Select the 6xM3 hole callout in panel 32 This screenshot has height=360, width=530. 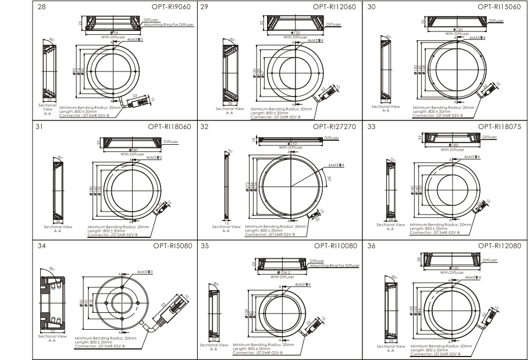[335, 165]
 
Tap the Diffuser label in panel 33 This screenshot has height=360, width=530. [490, 137]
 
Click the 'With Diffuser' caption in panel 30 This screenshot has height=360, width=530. [458, 33]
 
